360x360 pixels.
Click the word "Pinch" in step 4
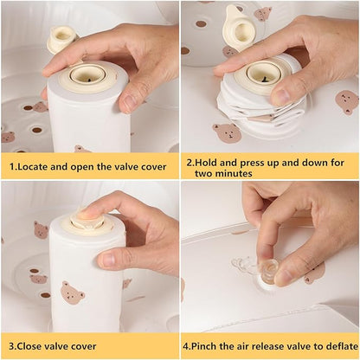click(x=203, y=346)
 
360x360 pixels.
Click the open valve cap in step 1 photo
click(x=62, y=39)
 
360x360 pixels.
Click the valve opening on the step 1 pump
click(x=88, y=75)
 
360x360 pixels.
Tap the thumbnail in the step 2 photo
click(x=281, y=96)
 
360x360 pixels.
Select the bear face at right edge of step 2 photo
click(x=347, y=102)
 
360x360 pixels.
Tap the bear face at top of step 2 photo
click(x=263, y=14)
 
